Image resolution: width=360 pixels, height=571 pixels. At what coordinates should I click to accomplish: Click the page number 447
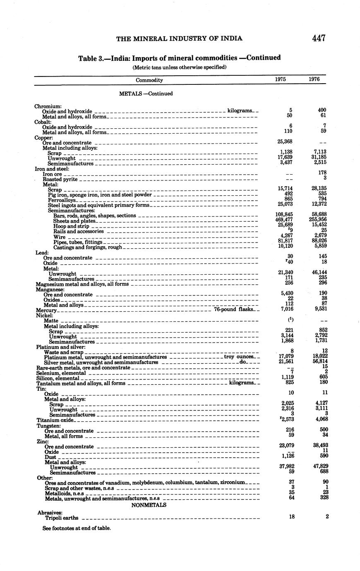coord(319,38)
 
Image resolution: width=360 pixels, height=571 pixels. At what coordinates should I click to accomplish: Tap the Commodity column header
coord(149,80)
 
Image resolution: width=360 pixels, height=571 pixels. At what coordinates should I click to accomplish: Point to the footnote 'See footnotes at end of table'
coord(77,528)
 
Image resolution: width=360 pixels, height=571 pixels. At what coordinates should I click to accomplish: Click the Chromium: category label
coord(48,106)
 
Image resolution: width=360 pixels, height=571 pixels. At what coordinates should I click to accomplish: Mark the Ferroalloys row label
coord(62,200)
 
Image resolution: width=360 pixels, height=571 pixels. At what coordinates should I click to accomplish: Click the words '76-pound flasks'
coord(233,310)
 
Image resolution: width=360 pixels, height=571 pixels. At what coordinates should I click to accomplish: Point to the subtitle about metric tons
coord(179,67)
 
